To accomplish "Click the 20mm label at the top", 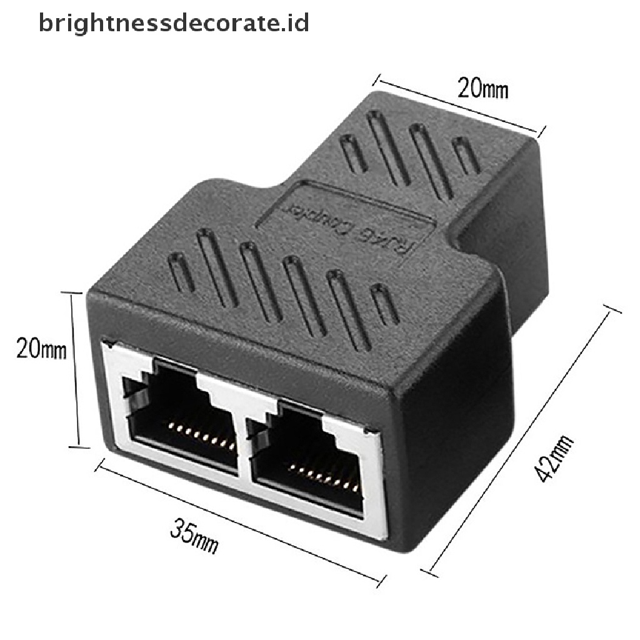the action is tap(483, 89).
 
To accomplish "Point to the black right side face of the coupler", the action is tap(450, 400).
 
